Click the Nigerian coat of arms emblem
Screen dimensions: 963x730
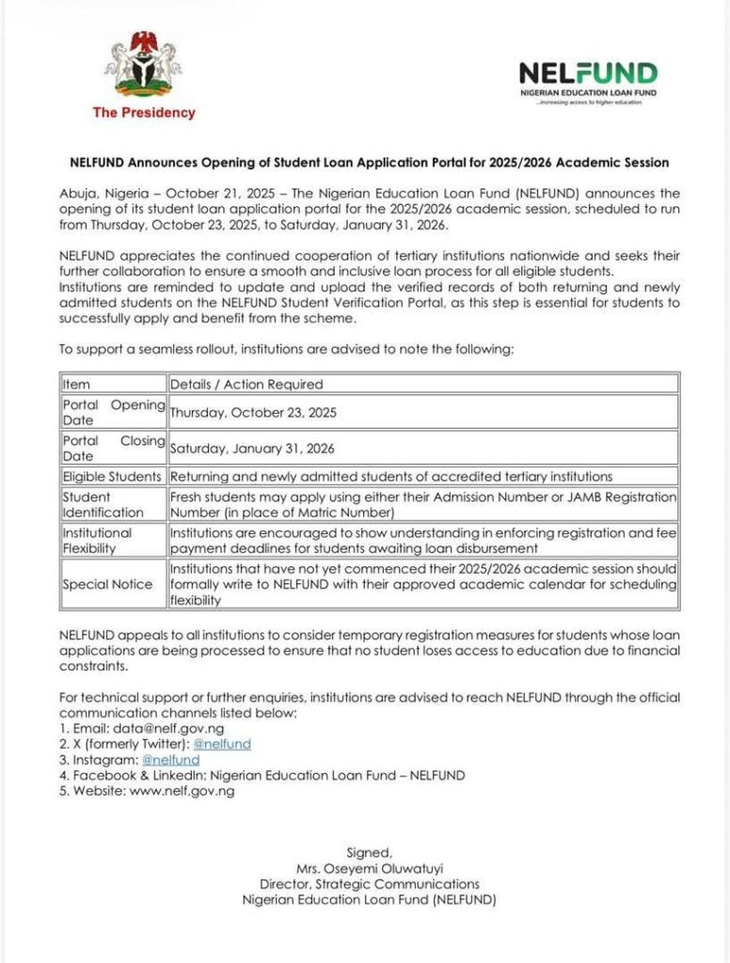[x=143, y=64]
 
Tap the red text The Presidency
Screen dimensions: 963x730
[x=144, y=113]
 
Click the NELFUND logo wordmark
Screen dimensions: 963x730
[x=588, y=74]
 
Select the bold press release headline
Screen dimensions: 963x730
[x=364, y=162]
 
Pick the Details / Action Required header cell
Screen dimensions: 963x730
[x=246, y=384]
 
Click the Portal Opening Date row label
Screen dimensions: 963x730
[x=113, y=412]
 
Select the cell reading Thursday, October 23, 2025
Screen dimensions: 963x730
[x=253, y=412]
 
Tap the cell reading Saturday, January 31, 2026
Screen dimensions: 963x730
[x=252, y=449]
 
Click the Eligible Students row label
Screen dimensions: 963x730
[x=112, y=477]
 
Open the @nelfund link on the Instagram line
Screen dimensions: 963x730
[x=170, y=759]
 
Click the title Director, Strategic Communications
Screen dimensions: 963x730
[x=369, y=884]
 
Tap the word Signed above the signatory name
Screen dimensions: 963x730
[x=369, y=852]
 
